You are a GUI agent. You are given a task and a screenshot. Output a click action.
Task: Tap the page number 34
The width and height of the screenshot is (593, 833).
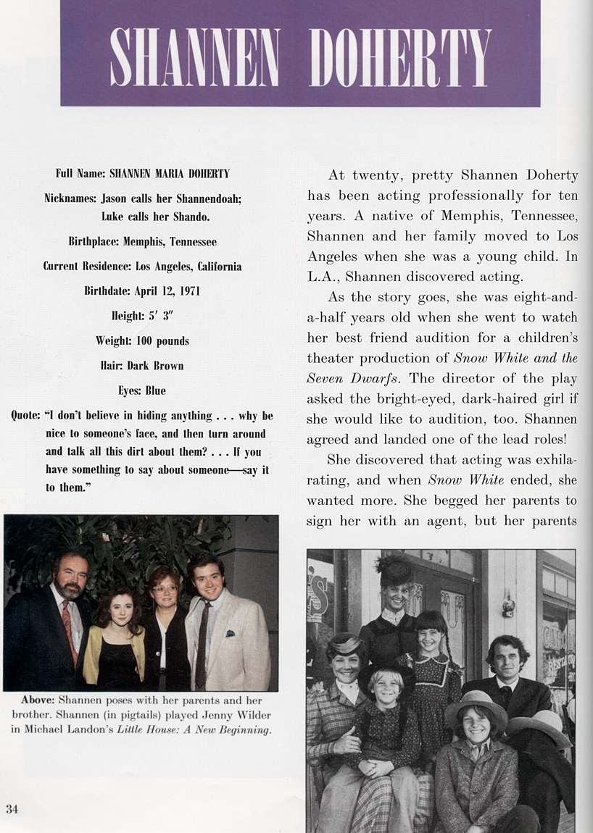point(12,808)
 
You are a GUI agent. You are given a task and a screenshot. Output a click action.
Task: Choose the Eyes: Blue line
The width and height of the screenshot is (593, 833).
point(142,390)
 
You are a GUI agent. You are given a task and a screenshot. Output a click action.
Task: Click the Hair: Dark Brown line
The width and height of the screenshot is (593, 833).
point(141,366)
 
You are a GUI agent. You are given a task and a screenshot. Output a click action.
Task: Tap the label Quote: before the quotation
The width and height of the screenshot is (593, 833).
point(25,416)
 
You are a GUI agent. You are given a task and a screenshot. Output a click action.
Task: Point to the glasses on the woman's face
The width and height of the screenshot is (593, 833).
point(164,590)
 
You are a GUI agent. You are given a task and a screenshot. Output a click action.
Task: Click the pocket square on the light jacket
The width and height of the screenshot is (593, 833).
point(230,633)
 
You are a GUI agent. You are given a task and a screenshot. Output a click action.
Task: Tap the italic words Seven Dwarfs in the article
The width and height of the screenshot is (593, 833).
point(347,378)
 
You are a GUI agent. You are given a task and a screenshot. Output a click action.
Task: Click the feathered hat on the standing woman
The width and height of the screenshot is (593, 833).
point(394,571)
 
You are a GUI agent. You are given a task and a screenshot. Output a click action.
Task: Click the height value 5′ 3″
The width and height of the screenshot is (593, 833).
point(158,316)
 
